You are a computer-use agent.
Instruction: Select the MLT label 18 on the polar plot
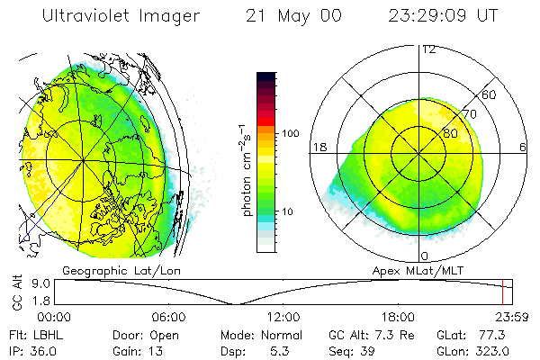click(318, 148)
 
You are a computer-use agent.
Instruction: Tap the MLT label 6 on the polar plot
click(523, 148)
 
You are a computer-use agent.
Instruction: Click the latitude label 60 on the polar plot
click(490, 94)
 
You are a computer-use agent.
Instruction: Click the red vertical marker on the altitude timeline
click(502, 292)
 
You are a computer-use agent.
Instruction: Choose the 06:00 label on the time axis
click(168, 317)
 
